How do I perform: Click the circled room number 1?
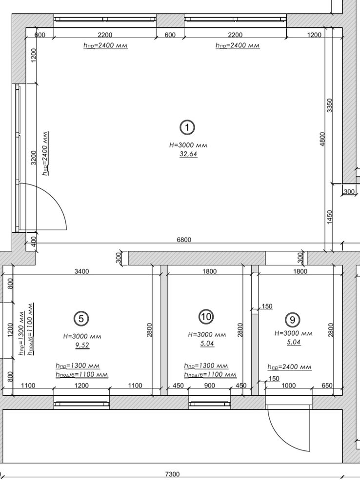187,127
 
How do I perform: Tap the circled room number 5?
81,319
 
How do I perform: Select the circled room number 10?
206,317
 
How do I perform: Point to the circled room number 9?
293,320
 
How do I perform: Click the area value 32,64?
188,154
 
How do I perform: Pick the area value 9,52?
82,345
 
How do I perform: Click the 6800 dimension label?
184,240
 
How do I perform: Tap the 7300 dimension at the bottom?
172,474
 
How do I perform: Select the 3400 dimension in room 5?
81,271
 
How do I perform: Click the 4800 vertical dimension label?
322,139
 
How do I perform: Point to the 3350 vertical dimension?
330,105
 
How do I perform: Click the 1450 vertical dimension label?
330,217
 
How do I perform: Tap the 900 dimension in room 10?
209,386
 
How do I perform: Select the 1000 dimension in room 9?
288,386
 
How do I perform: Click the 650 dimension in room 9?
327,386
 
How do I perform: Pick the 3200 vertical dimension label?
34,158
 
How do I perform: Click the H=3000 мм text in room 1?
188,145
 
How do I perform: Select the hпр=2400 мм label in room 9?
289,367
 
